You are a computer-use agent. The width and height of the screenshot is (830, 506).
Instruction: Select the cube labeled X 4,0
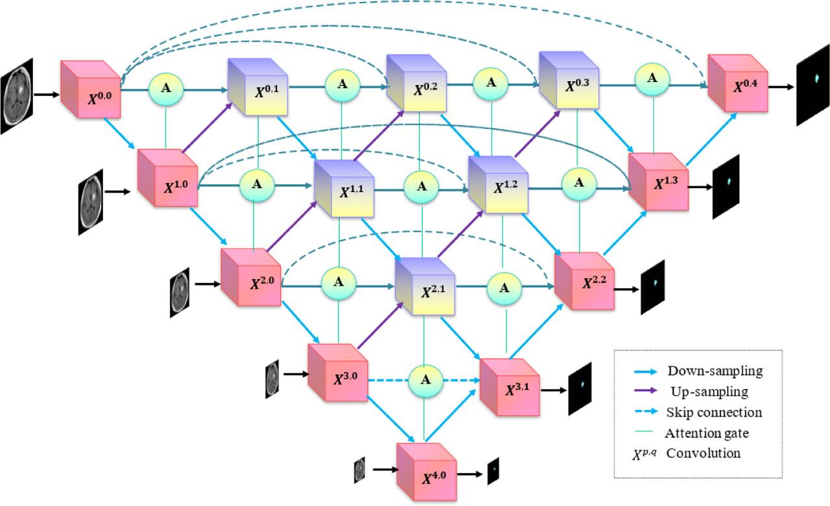426,472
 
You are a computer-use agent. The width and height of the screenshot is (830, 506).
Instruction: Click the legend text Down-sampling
715,371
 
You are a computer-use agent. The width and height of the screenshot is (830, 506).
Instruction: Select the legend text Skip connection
714,413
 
